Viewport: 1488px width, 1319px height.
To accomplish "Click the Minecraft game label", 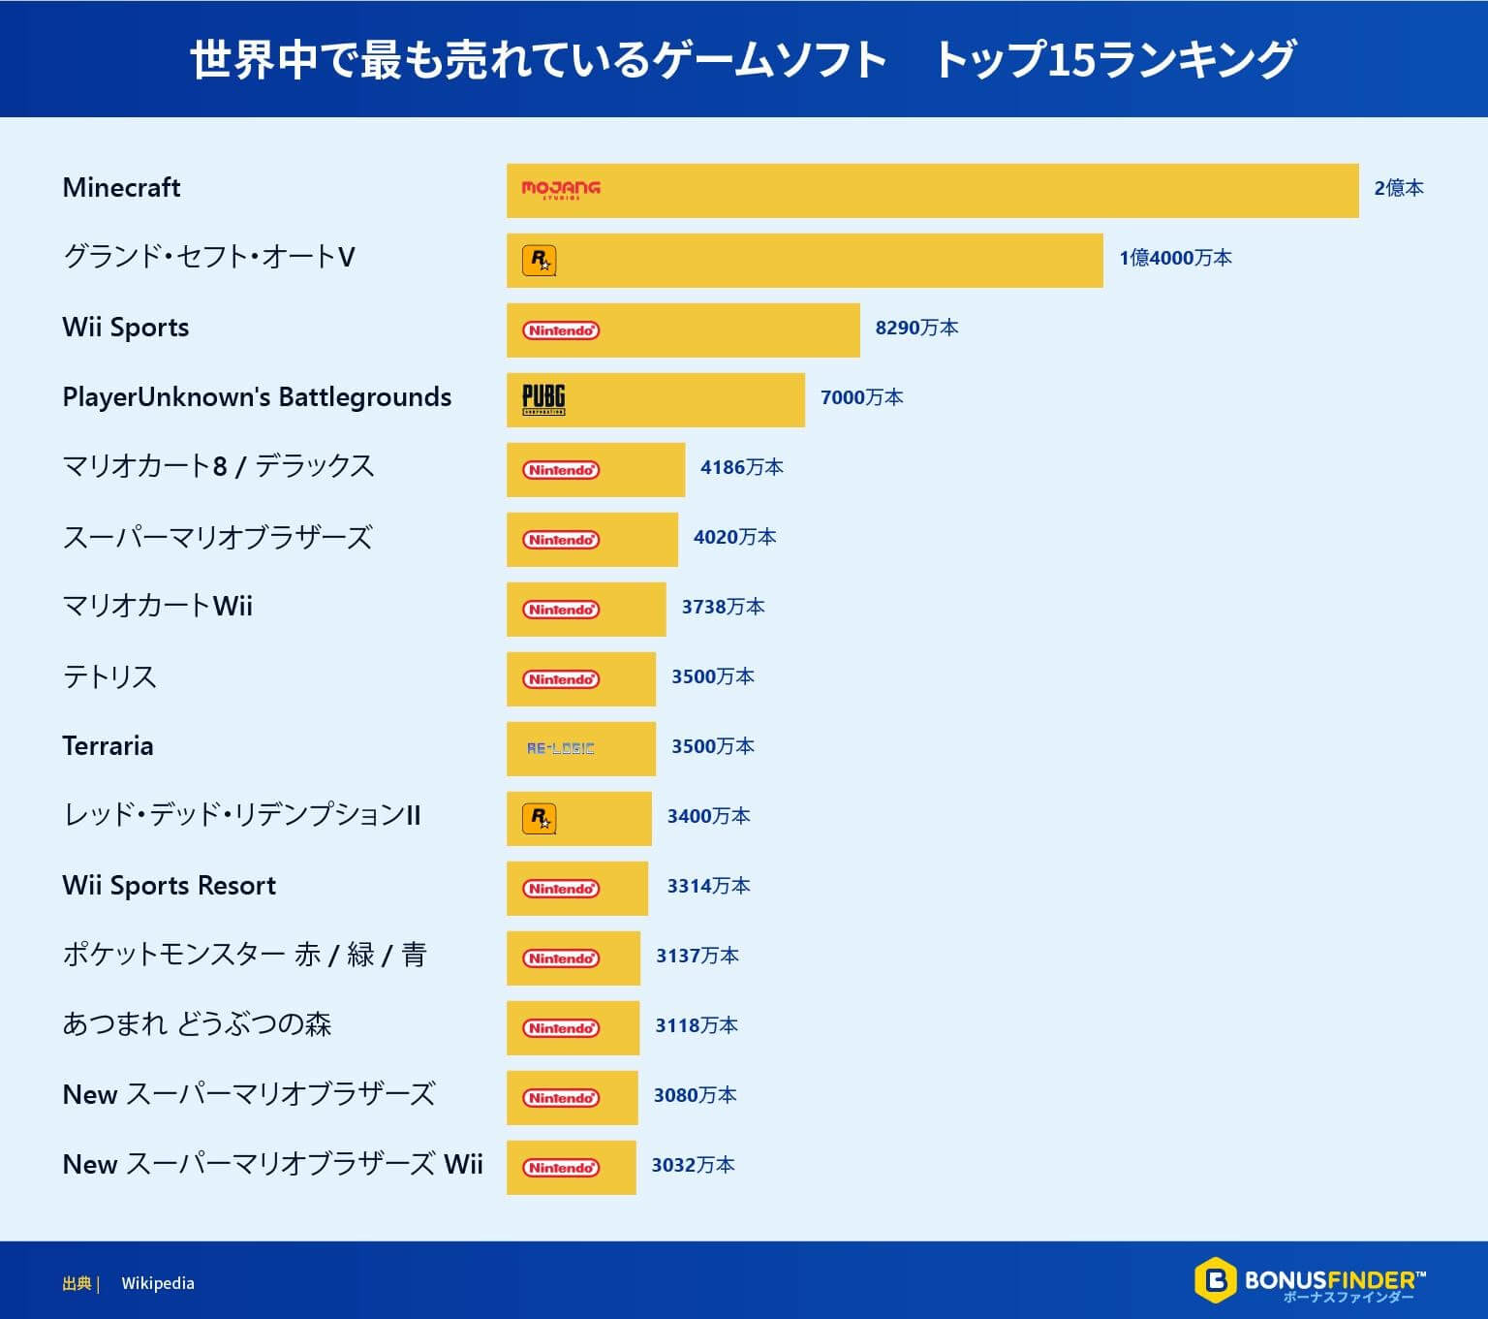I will [121, 188].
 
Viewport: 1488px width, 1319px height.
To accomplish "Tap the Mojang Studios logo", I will [561, 189].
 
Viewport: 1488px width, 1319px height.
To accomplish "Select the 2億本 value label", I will [1398, 188].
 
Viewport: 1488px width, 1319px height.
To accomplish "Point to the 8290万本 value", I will [916, 328].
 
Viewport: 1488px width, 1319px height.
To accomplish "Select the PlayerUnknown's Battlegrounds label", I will [257, 397].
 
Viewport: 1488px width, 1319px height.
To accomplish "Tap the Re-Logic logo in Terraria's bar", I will [561, 748].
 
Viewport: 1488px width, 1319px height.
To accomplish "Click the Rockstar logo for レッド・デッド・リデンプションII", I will [540, 819].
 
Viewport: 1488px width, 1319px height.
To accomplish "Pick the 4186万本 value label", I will [741, 467].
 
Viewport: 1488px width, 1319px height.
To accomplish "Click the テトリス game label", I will [109, 676].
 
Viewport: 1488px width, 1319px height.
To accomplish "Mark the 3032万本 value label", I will [693, 1165].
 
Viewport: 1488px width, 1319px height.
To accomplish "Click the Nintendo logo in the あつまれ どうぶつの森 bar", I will [561, 1028].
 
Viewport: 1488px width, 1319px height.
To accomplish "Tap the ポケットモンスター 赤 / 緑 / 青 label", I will [244, 956].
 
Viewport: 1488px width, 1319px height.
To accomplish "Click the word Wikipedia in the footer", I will [158, 1283].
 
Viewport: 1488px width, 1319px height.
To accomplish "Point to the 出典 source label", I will [77, 1283].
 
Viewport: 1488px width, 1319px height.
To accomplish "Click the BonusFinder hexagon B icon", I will [1215, 1280].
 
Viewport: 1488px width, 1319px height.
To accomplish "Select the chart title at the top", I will [742, 59].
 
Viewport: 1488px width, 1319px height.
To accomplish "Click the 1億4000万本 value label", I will [1175, 258].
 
